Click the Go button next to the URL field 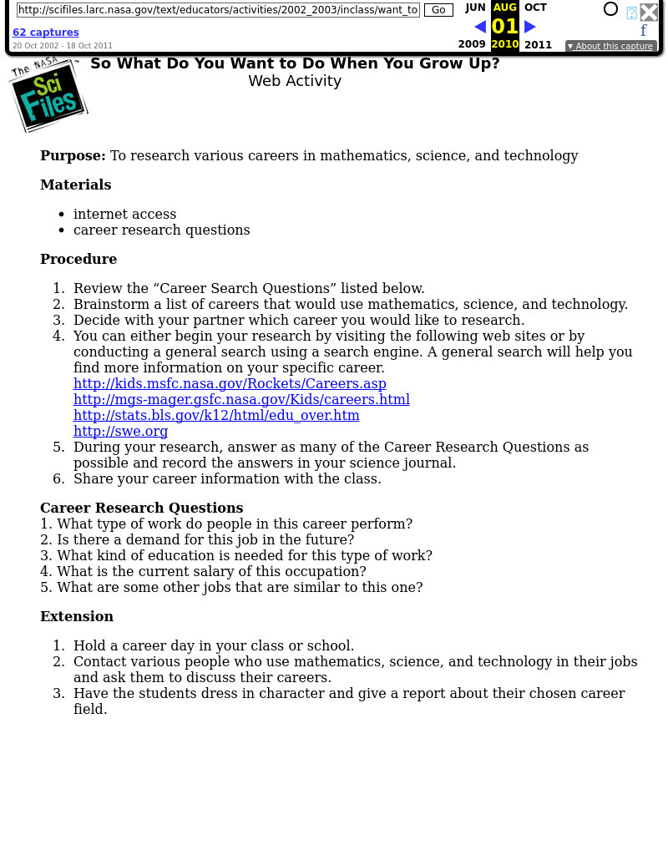point(438,10)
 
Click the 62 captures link point(46,33)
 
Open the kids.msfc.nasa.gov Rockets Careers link point(230,383)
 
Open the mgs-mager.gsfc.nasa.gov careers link point(241,399)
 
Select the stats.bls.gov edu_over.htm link point(216,415)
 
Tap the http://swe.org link point(120,431)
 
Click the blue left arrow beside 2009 point(480,27)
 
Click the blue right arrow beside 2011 point(530,27)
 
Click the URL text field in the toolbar point(218,10)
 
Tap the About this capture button point(610,47)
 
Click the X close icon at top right point(649,12)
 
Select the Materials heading point(75,185)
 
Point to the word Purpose point(73,155)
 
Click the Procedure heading point(78,259)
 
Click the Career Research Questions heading point(141,508)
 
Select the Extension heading point(77,616)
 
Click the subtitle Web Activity point(295,81)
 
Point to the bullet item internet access point(124,214)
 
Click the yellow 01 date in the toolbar point(504,27)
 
